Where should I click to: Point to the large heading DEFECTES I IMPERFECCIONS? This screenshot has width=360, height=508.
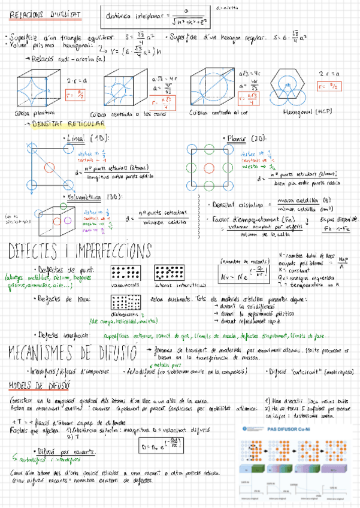(80, 250)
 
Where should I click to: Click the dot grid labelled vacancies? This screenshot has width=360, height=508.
(126, 272)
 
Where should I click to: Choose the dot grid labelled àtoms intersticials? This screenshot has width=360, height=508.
(170, 272)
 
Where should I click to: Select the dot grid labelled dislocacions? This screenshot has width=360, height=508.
(126, 303)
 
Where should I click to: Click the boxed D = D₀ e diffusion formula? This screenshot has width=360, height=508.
(160, 444)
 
